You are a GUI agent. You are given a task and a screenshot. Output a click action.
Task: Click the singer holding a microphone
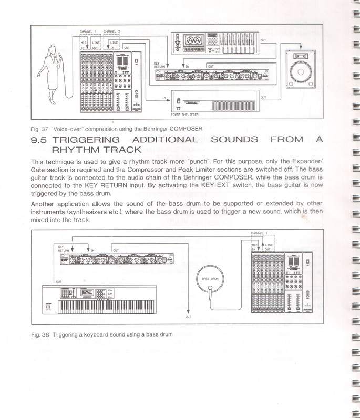55,73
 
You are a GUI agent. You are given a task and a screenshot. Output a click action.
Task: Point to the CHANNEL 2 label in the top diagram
112,32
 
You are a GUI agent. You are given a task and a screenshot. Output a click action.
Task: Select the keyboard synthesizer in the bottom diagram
98,301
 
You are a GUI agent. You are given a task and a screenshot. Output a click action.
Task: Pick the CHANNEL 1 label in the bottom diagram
259,234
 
